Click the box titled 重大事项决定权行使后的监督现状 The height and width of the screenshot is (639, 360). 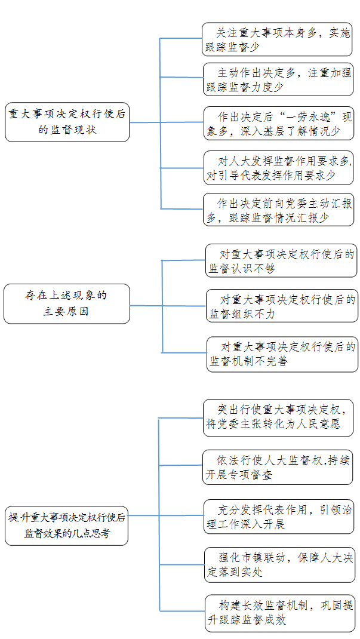pyautogui.click(x=67, y=122)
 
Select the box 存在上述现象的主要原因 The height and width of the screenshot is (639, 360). pyautogui.click(x=67, y=303)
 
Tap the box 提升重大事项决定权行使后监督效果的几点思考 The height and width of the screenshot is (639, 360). pyautogui.click(x=66, y=526)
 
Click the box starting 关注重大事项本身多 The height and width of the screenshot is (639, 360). pyautogui.click(x=277, y=39)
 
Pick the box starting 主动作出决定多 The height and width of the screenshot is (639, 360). pyautogui.click(x=278, y=79)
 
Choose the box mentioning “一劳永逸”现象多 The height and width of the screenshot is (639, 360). pyautogui.click(x=279, y=124)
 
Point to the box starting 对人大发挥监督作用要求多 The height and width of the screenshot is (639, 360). pyautogui.click(x=279, y=167)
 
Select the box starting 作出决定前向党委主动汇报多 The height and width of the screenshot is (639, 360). pyautogui.click(x=279, y=210)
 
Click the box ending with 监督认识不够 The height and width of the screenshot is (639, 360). pyautogui.click(x=281, y=260)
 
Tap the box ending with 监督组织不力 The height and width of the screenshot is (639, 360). pyautogui.click(x=282, y=306)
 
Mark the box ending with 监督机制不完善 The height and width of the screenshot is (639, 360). pyautogui.click(x=282, y=354)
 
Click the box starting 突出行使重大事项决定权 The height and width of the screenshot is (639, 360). pyautogui.click(x=278, y=417)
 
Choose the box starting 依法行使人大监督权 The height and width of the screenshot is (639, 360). pyautogui.click(x=278, y=467)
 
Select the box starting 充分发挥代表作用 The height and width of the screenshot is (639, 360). pyautogui.click(x=279, y=517)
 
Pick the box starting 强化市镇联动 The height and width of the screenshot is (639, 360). pyautogui.click(x=280, y=565)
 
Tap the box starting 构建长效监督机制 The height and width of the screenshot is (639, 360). pyautogui.click(x=280, y=613)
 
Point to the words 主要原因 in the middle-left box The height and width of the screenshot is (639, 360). pyautogui.click(x=66, y=312)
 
